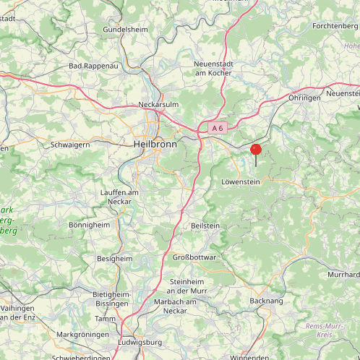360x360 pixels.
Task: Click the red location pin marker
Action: (x=256, y=150)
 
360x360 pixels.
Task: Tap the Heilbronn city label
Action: (x=155, y=145)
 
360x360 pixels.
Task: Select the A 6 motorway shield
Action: (x=217, y=128)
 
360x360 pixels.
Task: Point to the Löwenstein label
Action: (x=241, y=182)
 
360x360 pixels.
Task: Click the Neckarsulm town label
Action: (x=158, y=106)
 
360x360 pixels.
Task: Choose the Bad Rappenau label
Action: (x=93, y=66)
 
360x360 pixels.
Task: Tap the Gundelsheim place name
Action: (x=125, y=30)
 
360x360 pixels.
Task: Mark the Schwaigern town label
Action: (x=70, y=145)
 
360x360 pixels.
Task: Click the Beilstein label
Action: (x=205, y=226)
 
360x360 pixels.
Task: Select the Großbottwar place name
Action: (x=193, y=257)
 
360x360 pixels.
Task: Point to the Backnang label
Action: (x=266, y=300)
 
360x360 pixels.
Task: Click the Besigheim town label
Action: (x=114, y=258)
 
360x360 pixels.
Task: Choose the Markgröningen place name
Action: (x=83, y=335)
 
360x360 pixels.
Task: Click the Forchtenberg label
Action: (x=335, y=26)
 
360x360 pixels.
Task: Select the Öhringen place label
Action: (x=304, y=98)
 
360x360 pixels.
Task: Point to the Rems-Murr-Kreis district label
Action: (x=325, y=330)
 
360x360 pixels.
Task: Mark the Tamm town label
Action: (x=105, y=319)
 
